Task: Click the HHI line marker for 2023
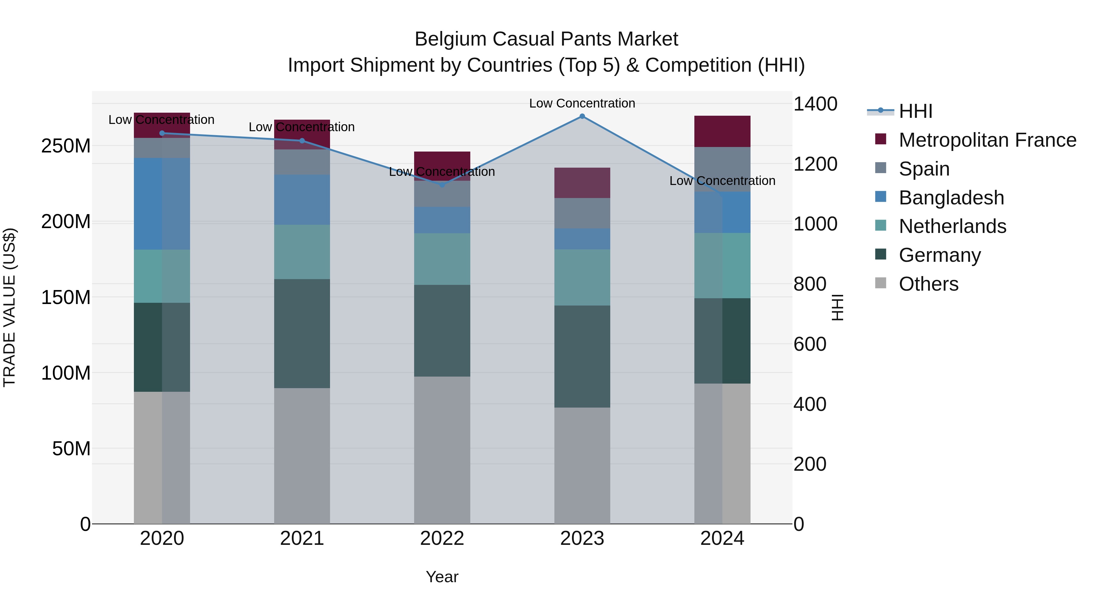point(582,116)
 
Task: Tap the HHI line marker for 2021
point(302,141)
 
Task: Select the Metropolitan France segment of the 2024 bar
point(722,131)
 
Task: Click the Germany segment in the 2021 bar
point(302,333)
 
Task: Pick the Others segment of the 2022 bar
point(442,450)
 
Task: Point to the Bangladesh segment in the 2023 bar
point(582,239)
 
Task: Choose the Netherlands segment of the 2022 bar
point(442,259)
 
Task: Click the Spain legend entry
point(924,169)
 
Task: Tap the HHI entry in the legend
point(915,111)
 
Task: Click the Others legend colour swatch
point(880,283)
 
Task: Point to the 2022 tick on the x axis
point(442,538)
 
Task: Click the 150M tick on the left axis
point(66,297)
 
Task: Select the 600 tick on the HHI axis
point(809,344)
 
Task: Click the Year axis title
point(442,577)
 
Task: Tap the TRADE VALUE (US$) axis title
point(9,307)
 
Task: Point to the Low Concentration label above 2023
point(582,103)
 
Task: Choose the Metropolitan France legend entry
point(987,140)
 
